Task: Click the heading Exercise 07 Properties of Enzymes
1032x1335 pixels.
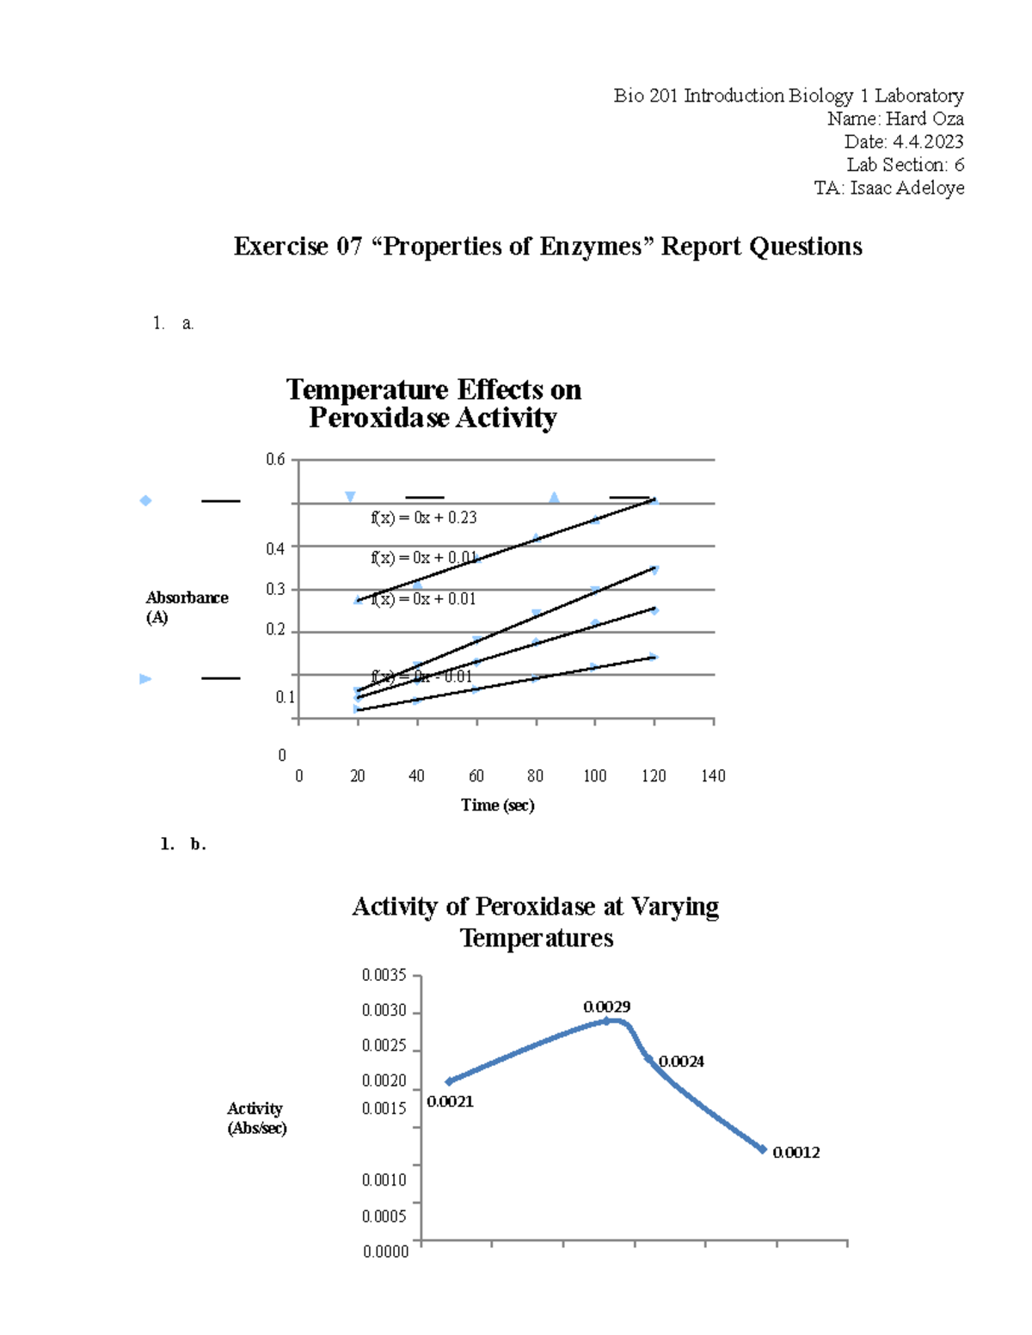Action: pyautogui.click(x=548, y=247)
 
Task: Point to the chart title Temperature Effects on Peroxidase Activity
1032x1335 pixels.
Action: pyautogui.click(x=433, y=403)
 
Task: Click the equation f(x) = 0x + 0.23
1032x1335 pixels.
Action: pyautogui.click(x=423, y=517)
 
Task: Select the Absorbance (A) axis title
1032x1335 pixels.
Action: pyautogui.click(x=187, y=607)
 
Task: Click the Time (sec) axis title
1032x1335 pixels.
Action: pyautogui.click(x=497, y=805)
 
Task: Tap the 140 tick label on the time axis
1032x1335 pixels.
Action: pyautogui.click(x=713, y=776)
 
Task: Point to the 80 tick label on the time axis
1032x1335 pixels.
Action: pyautogui.click(x=535, y=776)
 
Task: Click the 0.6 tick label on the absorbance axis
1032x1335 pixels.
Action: pyautogui.click(x=275, y=460)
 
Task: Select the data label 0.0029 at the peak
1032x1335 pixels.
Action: pyautogui.click(x=606, y=1007)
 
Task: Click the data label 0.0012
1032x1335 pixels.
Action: pyautogui.click(x=795, y=1153)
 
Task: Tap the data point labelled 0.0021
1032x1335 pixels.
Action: pyautogui.click(x=449, y=1081)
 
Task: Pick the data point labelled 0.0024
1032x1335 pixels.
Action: pyautogui.click(x=648, y=1058)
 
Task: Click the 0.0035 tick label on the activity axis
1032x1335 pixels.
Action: pyautogui.click(x=384, y=976)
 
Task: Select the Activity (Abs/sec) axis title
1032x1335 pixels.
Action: pyautogui.click(x=256, y=1118)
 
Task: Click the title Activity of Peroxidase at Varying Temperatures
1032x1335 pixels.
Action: pyautogui.click(x=535, y=922)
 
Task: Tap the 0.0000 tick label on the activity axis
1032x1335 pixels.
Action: pyautogui.click(x=385, y=1252)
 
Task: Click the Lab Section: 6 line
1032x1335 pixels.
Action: pyautogui.click(x=905, y=165)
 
